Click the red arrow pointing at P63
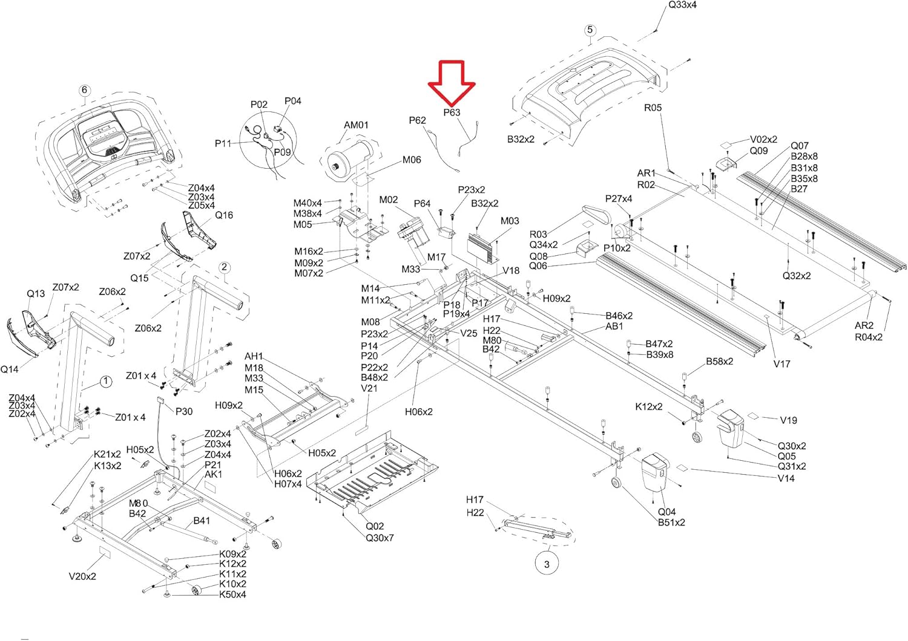click(452, 83)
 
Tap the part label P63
click(452, 112)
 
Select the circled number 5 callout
click(590, 30)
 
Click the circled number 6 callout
click(84, 90)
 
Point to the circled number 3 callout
click(547, 564)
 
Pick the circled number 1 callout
click(106, 381)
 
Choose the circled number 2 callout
click(225, 267)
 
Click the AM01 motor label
click(356, 125)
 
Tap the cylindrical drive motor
click(350, 157)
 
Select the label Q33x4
click(683, 5)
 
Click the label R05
click(653, 108)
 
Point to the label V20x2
click(82, 576)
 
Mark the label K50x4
click(232, 594)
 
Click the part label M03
click(510, 221)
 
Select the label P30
click(184, 411)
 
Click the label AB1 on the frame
click(614, 327)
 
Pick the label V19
click(788, 420)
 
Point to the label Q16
click(224, 215)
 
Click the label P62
click(418, 120)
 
